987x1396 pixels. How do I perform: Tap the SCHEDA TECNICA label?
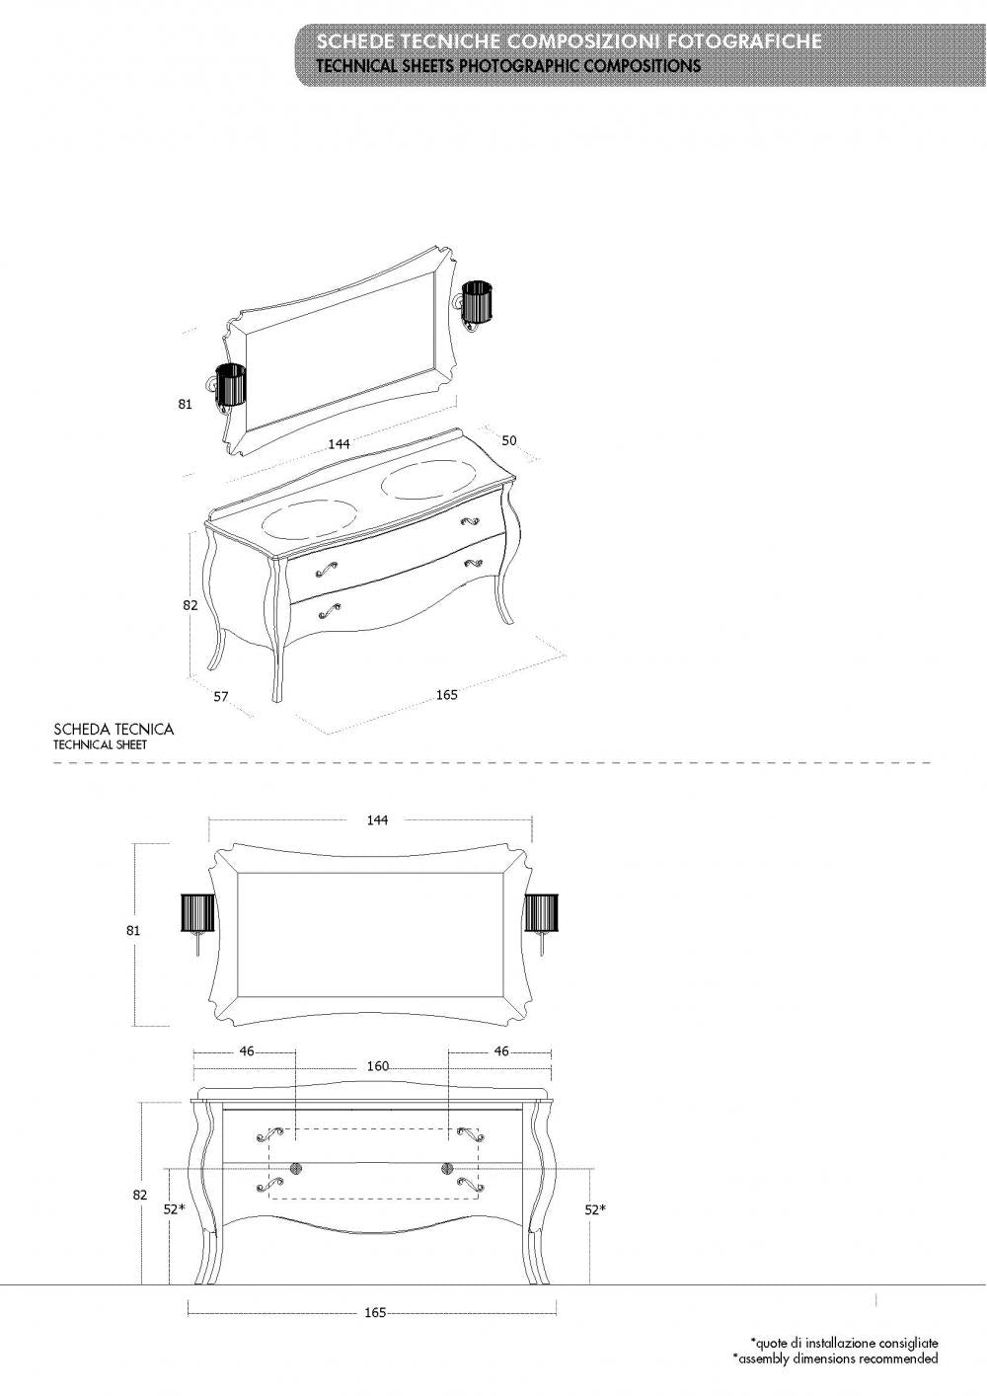click(114, 730)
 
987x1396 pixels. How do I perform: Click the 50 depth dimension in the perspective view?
click(509, 440)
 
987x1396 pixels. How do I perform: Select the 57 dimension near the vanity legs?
click(221, 696)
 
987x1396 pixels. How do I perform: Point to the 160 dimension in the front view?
click(377, 1066)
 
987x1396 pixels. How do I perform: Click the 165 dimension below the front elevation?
click(375, 1313)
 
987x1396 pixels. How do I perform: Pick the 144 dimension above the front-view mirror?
click(376, 819)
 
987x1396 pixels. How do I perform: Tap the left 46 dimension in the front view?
click(246, 1051)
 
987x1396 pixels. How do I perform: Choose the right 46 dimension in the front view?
click(500, 1051)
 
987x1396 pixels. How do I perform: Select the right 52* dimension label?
click(596, 1208)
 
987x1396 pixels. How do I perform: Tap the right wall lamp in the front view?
click(542, 914)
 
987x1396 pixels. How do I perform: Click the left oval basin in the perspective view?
click(310, 519)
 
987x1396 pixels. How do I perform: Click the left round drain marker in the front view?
click(293, 1168)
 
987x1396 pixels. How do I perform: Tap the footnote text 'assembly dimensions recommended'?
click(835, 1358)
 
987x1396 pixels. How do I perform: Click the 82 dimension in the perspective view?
click(190, 605)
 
